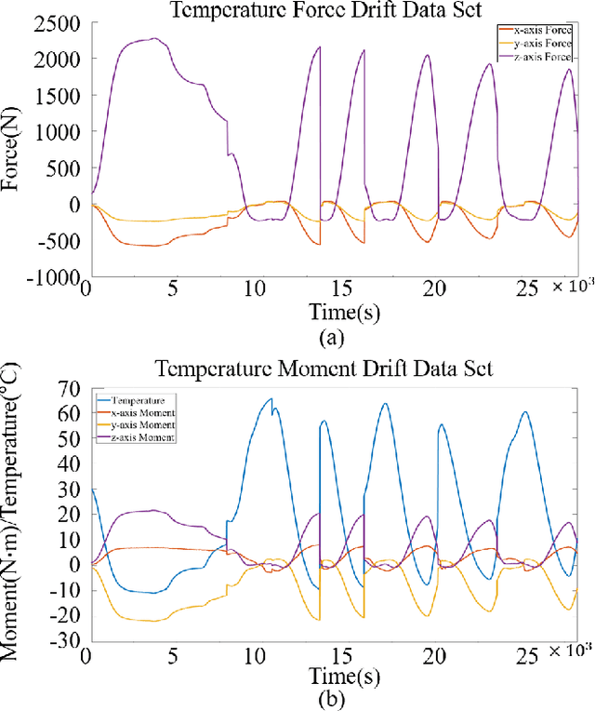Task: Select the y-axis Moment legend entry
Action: click(x=144, y=424)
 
